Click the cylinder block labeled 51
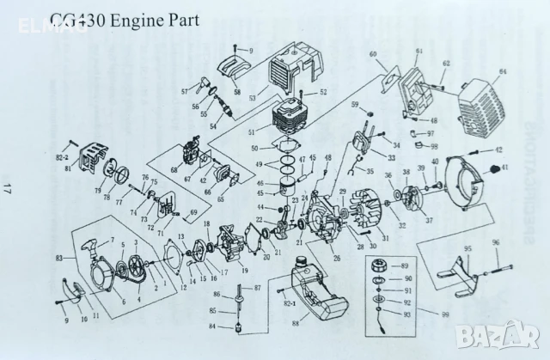291,119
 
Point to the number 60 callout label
374,55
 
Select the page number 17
7,187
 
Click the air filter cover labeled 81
89,160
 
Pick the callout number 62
446,64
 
